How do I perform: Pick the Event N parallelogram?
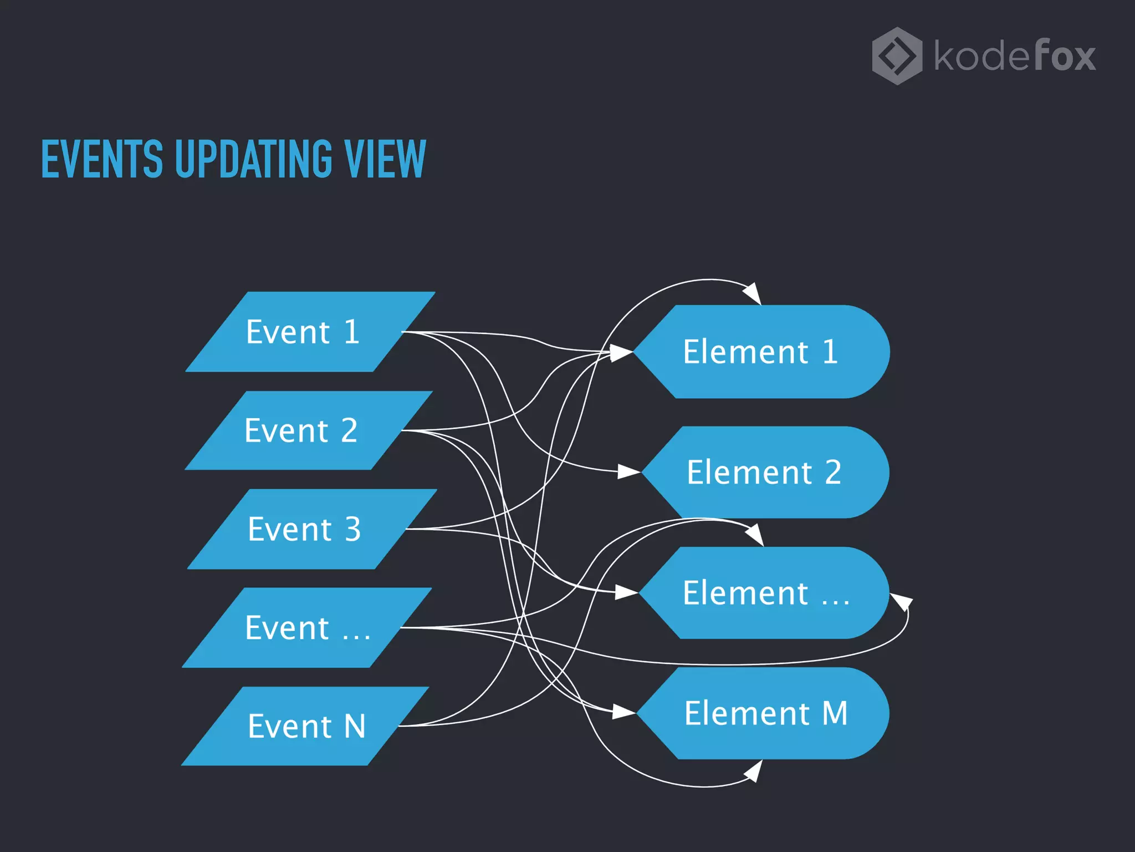pyautogui.click(x=305, y=726)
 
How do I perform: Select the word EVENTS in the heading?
pyautogui.click(x=102, y=159)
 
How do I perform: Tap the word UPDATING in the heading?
pyautogui.click(x=253, y=159)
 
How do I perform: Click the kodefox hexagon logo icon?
pyautogui.click(x=897, y=56)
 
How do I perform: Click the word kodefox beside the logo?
pyautogui.click(x=1014, y=56)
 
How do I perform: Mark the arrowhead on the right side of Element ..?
pyautogui.click(x=902, y=601)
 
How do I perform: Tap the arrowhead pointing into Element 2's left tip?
pyautogui.click(x=630, y=472)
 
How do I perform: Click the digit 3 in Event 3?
pyautogui.click(x=353, y=529)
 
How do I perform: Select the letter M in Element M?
pyautogui.click(x=835, y=713)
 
